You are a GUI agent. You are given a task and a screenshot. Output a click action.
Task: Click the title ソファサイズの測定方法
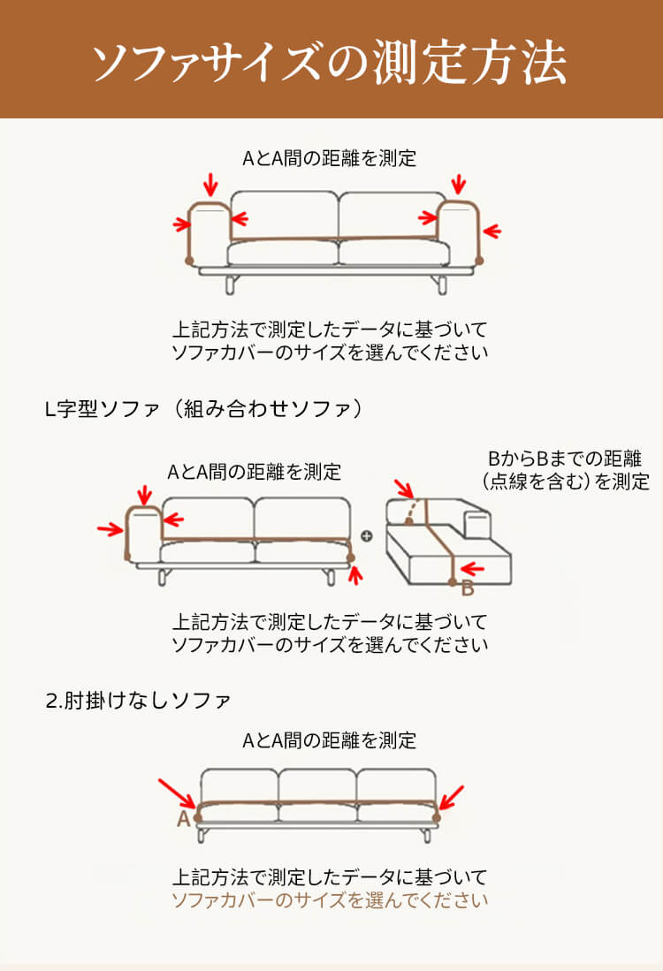pos(331,59)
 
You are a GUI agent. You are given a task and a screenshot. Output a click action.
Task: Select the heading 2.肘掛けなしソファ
pos(138,701)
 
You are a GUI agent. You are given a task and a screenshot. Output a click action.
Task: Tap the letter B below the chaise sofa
pos(468,588)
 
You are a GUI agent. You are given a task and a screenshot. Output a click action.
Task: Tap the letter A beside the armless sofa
pos(183,818)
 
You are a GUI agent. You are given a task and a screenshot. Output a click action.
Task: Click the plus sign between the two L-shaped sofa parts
pos(367,535)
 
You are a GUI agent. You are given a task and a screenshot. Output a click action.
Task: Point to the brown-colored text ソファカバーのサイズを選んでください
pos(329,901)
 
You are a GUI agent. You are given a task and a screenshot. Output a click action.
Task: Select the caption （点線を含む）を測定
pos(566,482)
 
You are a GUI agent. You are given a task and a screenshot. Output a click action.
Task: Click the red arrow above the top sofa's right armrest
pos(458,185)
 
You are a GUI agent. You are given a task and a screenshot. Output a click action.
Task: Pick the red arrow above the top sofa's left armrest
pos(210,185)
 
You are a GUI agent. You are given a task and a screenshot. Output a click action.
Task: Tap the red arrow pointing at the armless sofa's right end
pos(451,797)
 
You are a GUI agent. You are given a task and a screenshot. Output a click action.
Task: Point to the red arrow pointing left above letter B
pos(474,568)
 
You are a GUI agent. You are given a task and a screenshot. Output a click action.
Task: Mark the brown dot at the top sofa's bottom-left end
pos(188,261)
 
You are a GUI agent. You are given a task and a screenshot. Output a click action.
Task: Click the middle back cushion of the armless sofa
pos(317,785)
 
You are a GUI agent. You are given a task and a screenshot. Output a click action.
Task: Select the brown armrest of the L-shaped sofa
pos(141,530)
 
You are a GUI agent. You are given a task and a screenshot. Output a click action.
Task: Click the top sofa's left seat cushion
pos(282,254)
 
